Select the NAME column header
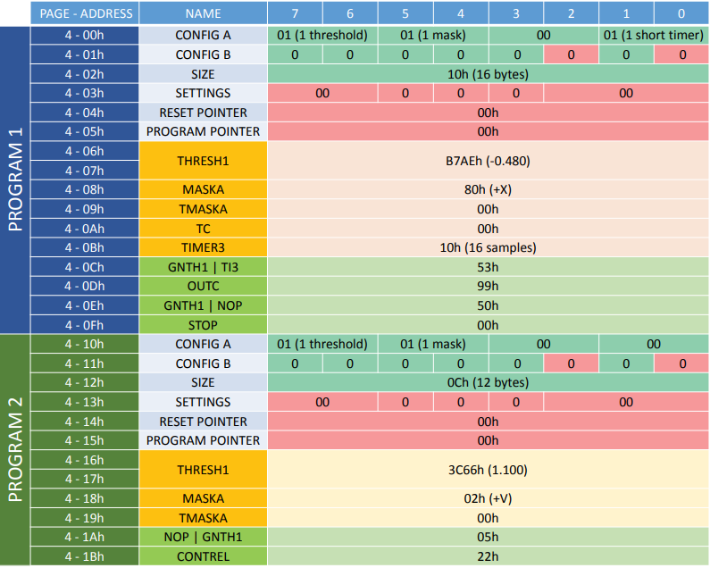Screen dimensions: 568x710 pos(203,13)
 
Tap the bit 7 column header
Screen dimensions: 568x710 pos(295,13)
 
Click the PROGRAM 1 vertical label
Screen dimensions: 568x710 pos(16,180)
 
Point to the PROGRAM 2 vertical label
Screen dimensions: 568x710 pos(16,450)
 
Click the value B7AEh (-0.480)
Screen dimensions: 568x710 pos(488,161)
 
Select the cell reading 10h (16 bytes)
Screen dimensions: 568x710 pos(488,74)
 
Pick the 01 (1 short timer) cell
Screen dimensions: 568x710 pos(654,36)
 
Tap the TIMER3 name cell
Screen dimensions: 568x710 pos(203,247)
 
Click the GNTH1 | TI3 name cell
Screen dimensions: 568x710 pos(203,267)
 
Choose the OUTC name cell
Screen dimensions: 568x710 pos(203,287)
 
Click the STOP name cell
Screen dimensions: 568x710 pos(203,325)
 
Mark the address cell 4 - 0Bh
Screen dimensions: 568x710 pos(85,247)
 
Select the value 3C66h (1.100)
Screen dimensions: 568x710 pos(488,470)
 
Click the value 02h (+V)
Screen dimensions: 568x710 pos(488,498)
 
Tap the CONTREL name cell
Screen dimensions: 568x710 pos(203,556)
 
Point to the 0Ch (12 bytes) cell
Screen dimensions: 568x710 pos(488,382)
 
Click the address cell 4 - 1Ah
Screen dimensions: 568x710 pos(85,537)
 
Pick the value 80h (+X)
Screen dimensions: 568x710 pos(488,190)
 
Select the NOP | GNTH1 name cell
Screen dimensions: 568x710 pos(203,537)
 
